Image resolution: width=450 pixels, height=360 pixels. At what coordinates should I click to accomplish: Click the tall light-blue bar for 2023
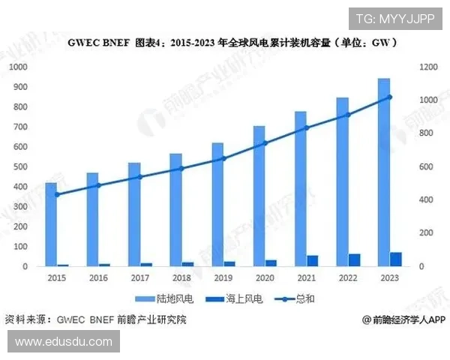383,172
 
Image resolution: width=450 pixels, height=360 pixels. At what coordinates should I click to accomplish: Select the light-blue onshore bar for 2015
51,224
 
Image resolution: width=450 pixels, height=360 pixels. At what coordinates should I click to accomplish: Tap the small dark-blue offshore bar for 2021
312,261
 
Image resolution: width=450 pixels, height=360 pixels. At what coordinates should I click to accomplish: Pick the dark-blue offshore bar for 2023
395,259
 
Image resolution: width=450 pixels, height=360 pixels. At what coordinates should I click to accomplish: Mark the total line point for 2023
389,97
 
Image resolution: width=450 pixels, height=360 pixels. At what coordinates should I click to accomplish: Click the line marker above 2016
98,184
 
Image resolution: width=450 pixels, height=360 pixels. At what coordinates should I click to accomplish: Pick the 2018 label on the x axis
181,278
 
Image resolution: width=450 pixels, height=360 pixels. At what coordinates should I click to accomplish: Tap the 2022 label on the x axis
348,278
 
